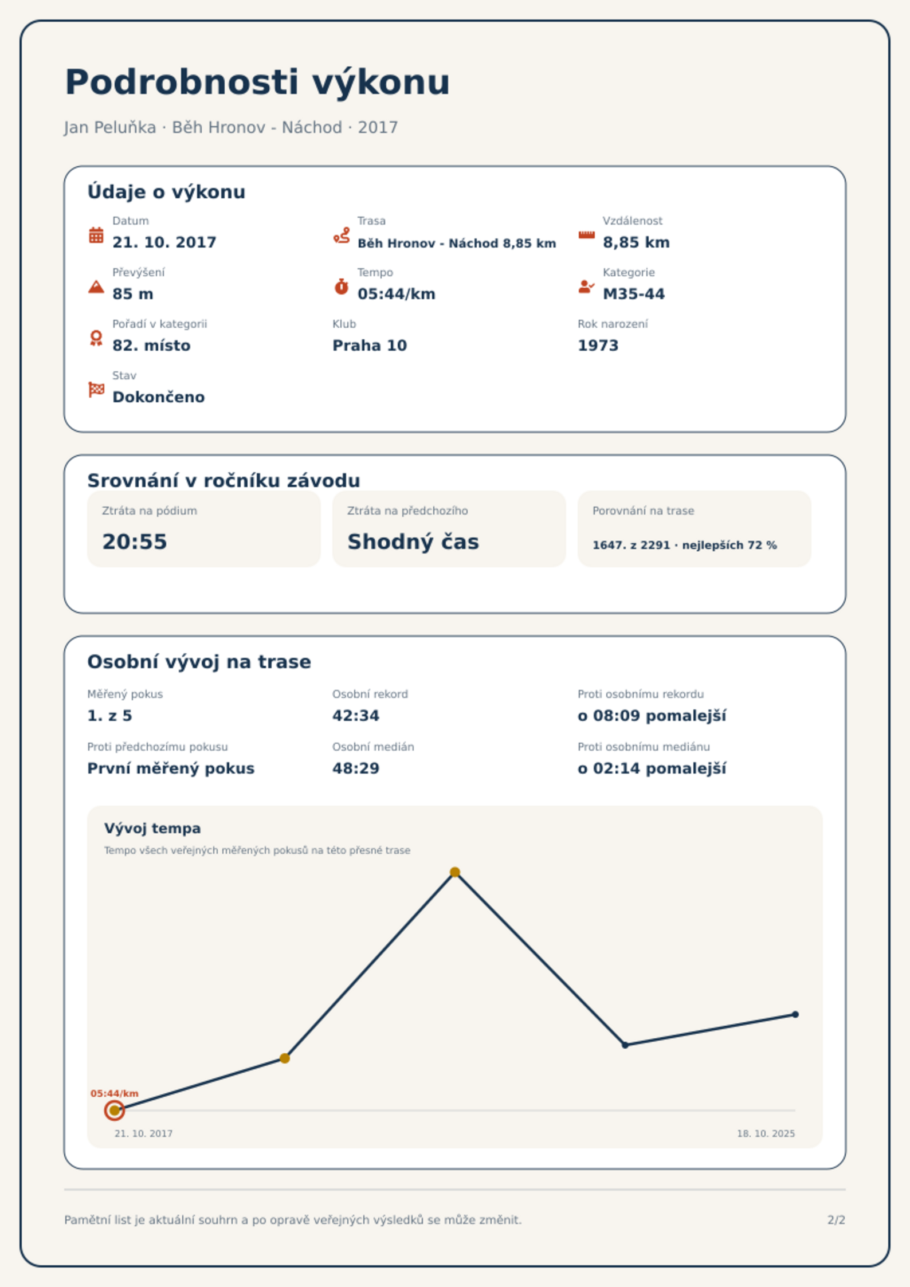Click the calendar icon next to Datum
pos(96,235)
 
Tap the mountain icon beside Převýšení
pos(96,287)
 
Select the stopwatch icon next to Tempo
pos(342,287)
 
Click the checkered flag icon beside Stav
pos(96,390)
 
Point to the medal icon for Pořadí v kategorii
pos(96,338)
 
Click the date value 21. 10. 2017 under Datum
pos(164,242)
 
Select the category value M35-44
pos(633,294)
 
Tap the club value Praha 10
pos(370,346)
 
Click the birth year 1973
pos(598,346)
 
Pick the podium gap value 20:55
pos(135,542)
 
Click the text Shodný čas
pos(413,542)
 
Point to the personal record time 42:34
pos(356,716)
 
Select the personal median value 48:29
pos(356,768)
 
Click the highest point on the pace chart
pos(455,872)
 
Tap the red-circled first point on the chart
pos(115,1111)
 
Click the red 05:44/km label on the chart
pos(115,1093)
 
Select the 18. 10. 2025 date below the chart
pos(766,1133)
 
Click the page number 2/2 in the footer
pos(836,1220)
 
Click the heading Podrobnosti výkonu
pos(257,83)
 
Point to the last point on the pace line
pos(795,1015)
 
